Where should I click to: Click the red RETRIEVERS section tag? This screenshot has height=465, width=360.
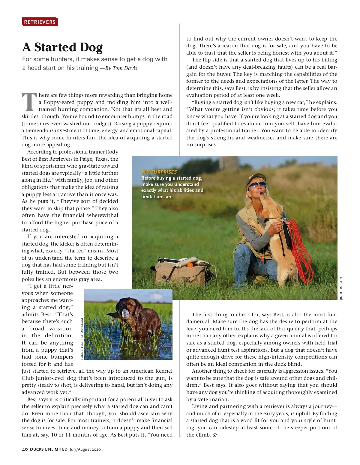pos(40,22)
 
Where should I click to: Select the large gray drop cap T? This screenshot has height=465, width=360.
pos(29,102)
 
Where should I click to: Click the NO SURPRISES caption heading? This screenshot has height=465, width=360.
pos(159,172)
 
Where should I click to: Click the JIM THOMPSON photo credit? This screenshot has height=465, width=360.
pos(341,288)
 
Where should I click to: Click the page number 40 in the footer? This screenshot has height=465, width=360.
pos(25,449)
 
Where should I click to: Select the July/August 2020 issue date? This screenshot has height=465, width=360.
pos(85,449)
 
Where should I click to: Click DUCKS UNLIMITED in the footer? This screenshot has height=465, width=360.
pos(49,449)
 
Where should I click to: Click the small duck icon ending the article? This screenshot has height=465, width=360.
pos(215,435)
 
